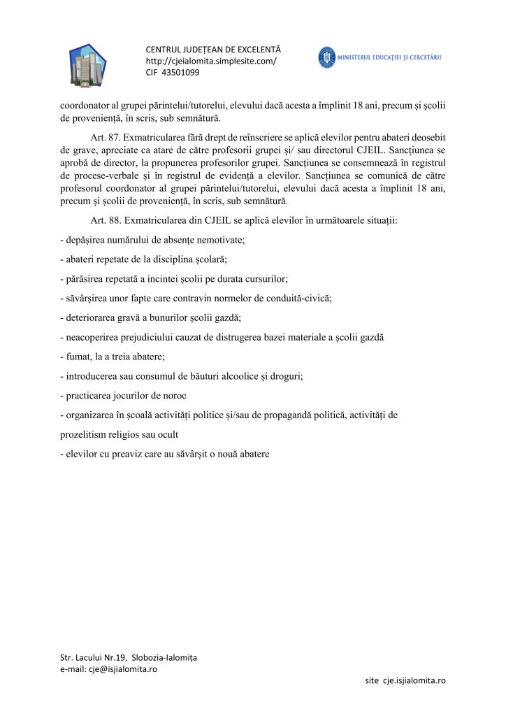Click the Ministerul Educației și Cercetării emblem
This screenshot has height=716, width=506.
[x=326, y=57]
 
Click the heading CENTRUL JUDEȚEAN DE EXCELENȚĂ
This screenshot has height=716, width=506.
[x=212, y=50]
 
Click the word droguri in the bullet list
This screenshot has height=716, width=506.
[x=302, y=376]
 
